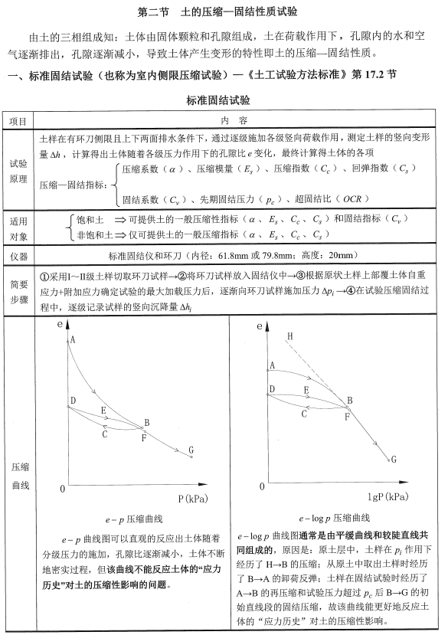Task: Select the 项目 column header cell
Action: pos(18,121)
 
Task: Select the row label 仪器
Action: pos(18,254)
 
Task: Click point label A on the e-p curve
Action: pos(74,339)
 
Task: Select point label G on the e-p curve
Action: pos(191,450)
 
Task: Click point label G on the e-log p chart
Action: pos(393,460)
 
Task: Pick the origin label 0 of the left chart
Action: pos(63,488)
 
